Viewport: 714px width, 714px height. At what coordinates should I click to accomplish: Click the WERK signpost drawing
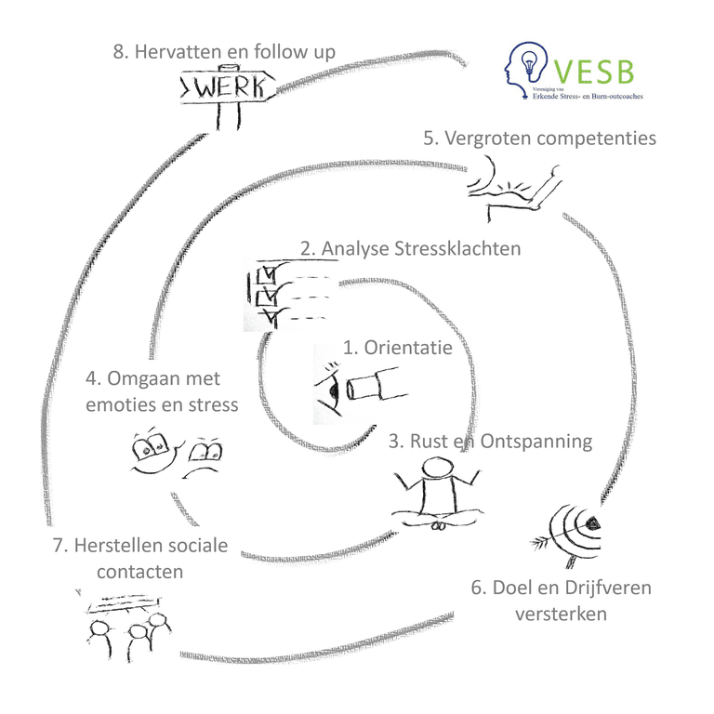226,91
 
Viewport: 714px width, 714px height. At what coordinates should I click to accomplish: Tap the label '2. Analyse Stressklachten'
410,249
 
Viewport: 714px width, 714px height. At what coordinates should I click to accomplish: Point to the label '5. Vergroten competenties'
539,139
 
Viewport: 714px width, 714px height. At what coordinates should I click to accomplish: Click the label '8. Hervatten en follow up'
224,51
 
